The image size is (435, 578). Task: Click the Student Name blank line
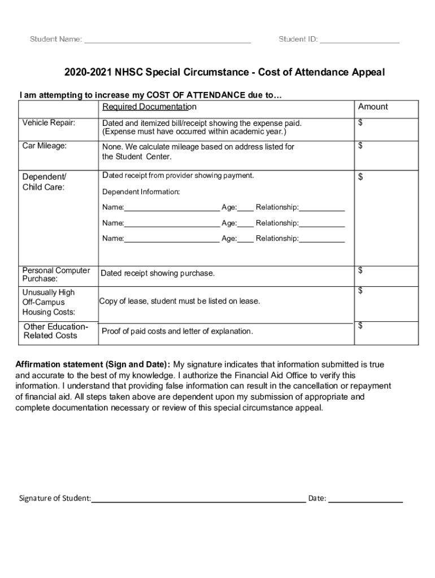[x=167, y=40]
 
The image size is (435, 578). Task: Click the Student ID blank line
[x=359, y=40]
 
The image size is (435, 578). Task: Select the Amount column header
[x=373, y=107]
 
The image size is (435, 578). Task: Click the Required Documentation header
[x=149, y=107]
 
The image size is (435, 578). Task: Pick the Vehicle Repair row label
[x=49, y=123]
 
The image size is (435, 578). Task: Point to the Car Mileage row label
[x=45, y=146]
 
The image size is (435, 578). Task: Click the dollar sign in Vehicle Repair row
[x=360, y=123]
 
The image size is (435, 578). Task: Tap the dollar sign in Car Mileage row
[x=360, y=146]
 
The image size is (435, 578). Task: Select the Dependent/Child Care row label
[x=44, y=182]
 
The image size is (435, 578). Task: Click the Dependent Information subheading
[x=141, y=192]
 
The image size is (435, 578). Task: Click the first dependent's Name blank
[x=172, y=208]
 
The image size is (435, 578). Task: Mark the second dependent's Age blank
[x=245, y=224]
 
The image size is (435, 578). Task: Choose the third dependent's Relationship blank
[x=321, y=239]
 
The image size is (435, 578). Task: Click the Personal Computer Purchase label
[x=56, y=274]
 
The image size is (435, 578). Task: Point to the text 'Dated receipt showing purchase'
[x=158, y=274]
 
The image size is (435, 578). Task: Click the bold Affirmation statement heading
[x=93, y=365]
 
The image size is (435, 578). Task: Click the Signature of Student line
[x=198, y=498]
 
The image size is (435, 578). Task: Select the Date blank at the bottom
[x=365, y=498]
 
